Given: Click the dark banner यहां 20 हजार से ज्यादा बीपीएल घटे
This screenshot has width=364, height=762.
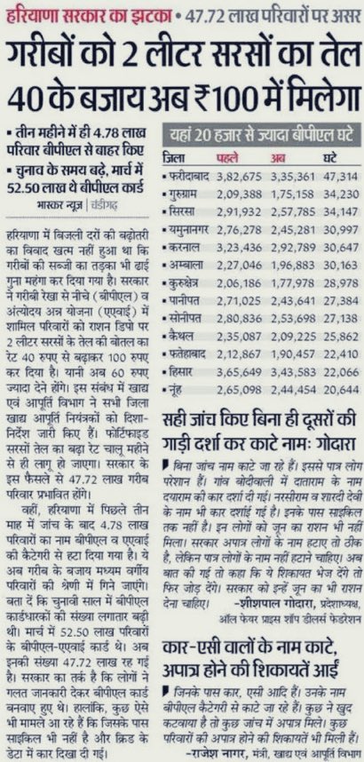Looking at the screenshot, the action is pyautogui.click(x=263, y=138).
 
